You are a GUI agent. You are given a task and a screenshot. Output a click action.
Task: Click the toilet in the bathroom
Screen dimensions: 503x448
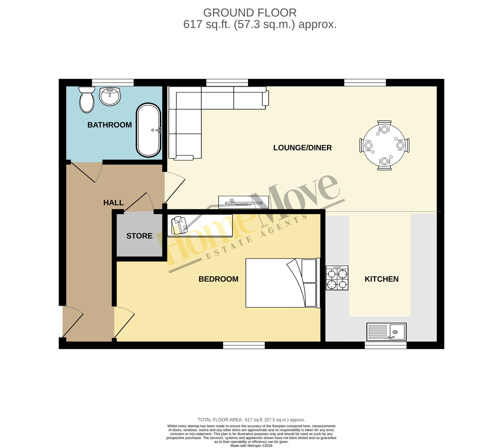point(87,99)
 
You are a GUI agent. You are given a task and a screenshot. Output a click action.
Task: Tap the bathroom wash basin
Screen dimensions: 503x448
point(110,97)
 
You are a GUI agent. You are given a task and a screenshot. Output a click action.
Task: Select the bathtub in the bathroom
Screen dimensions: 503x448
point(149,130)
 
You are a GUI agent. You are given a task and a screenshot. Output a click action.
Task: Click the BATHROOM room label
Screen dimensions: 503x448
point(109,125)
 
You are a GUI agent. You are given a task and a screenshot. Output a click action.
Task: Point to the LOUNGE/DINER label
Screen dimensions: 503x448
point(302,148)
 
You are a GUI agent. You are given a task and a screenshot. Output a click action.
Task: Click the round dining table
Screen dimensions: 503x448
point(384,145)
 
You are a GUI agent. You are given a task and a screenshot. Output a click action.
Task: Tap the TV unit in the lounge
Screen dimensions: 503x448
point(244,202)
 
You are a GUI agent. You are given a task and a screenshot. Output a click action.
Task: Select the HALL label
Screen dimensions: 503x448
point(113,203)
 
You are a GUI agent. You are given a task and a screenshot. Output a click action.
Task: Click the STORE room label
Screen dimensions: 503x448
point(139,236)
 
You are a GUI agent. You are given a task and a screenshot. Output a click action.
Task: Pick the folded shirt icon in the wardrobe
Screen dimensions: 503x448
point(179,225)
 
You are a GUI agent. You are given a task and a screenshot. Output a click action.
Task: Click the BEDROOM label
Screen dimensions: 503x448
point(218,279)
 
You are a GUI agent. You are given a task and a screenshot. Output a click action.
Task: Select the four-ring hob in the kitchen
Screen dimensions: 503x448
point(337,278)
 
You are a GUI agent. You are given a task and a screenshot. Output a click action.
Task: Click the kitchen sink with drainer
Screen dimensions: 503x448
point(386,332)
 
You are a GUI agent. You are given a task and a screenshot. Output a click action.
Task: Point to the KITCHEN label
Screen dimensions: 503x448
point(382,279)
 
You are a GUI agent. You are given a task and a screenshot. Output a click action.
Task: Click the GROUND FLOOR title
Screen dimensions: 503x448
point(250,13)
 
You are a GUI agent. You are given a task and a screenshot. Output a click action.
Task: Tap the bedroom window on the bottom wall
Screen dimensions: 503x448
point(244,345)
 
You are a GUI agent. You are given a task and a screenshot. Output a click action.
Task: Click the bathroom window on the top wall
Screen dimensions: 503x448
point(113,82)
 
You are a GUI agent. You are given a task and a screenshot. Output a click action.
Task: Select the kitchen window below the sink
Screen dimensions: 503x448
point(386,345)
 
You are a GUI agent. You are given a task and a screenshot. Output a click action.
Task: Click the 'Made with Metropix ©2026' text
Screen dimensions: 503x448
point(251,446)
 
